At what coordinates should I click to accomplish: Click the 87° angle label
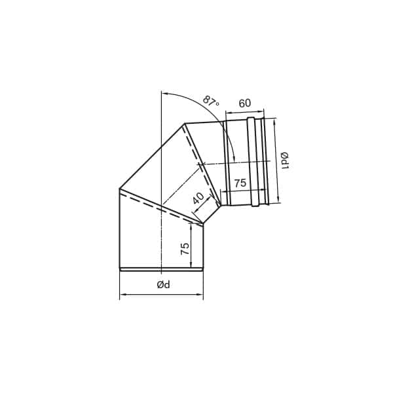click(211, 101)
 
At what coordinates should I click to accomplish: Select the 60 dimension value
click(244, 103)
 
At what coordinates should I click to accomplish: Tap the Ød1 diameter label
click(285, 160)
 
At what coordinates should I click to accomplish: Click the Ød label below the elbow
click(163, 284)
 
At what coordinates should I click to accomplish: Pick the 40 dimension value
click(198, 198)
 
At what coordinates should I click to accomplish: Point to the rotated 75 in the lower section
click(185, 249)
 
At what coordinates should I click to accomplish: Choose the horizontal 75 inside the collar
click(240, 183)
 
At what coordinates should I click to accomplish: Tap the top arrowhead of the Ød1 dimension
click(275, 121)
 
